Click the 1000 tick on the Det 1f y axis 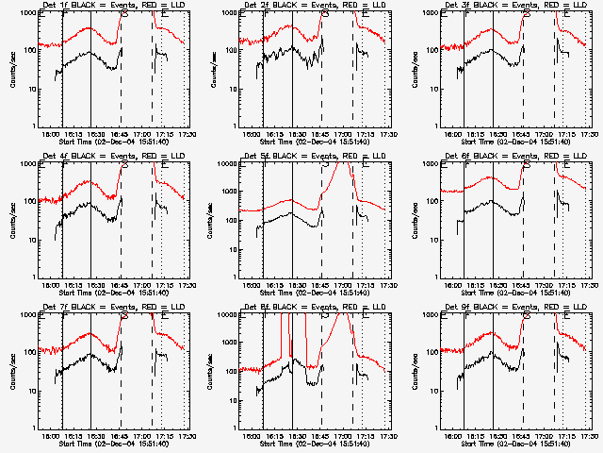(x=29, y=13)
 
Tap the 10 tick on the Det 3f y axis (x=434, y=89)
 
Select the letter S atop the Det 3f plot (x=526, y=14)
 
